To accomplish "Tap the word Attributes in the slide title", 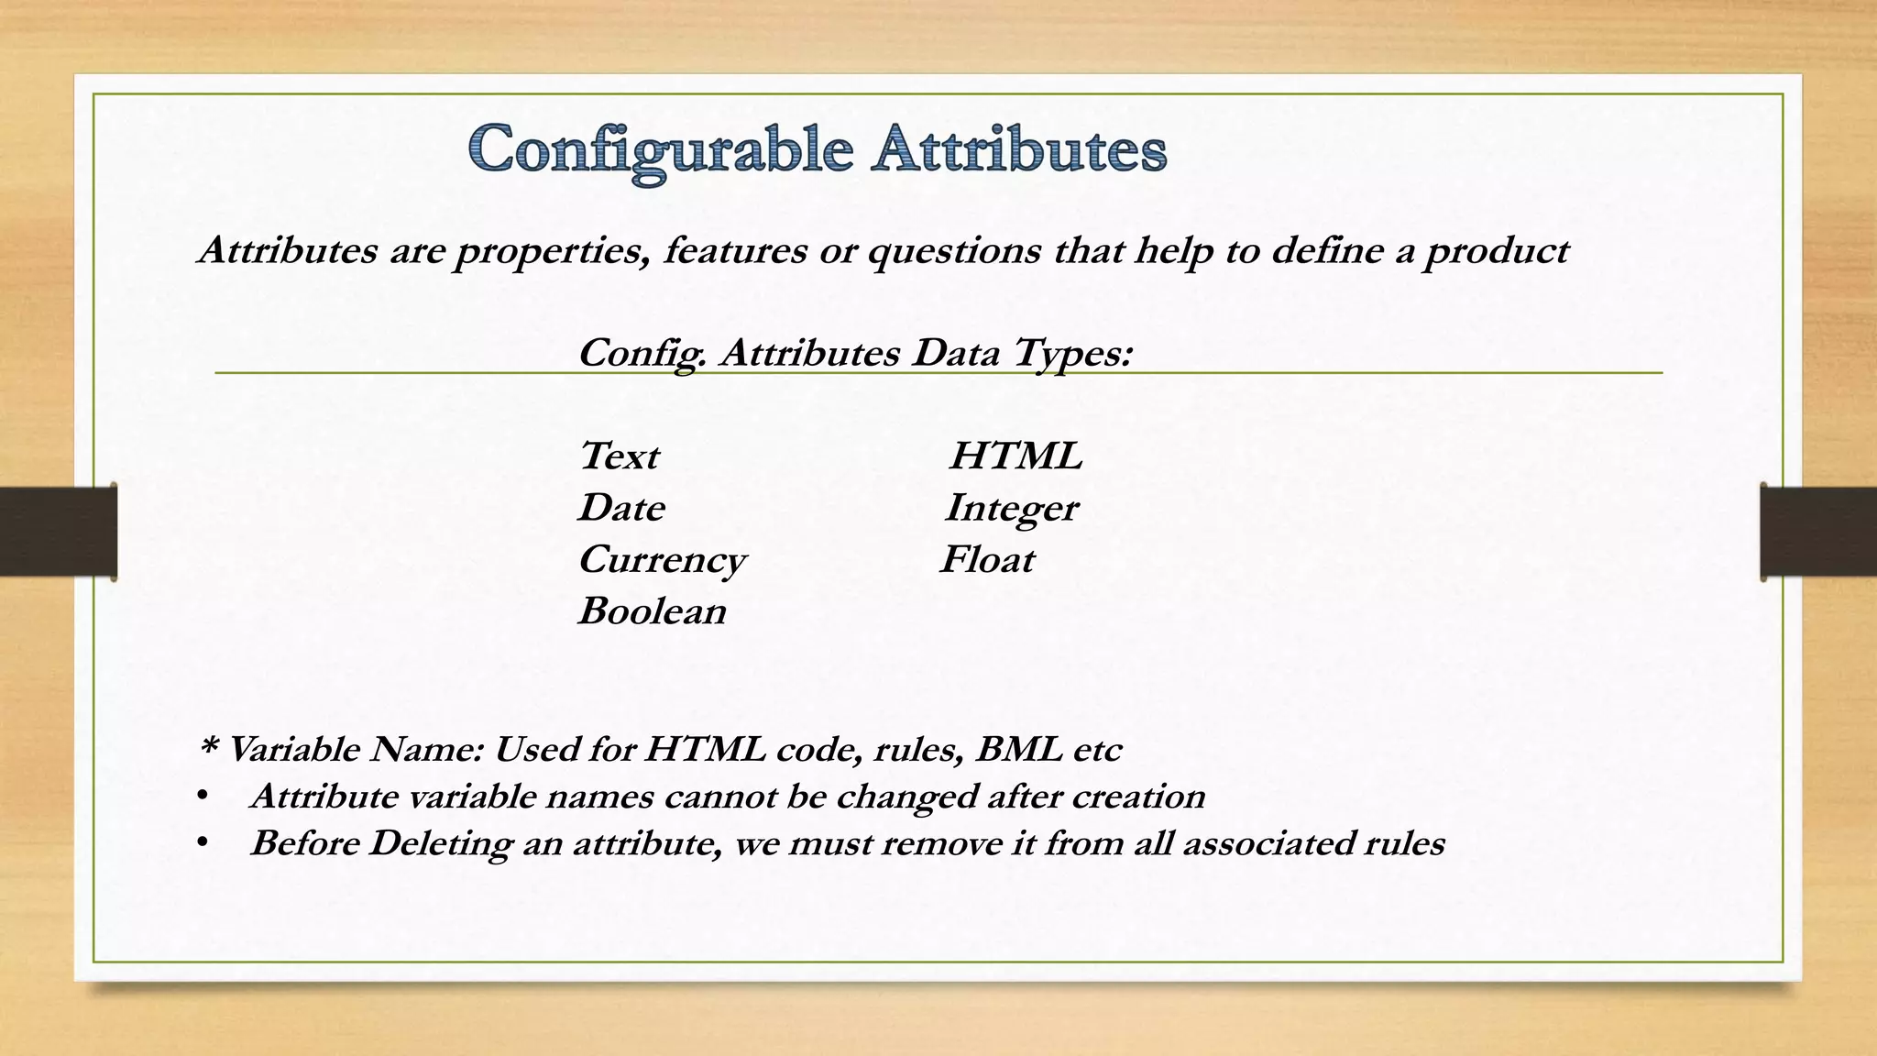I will click(x=1018, y=149).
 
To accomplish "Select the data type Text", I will click(x=619, y=456).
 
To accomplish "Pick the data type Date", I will click(x=621, y=508).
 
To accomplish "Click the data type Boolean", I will click(x=652, y=611).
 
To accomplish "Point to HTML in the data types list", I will click(x=1015, y=456).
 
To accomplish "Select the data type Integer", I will click(x=1011, y=509).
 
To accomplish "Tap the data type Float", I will click(x=987, y=560).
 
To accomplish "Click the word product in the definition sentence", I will click(x=1496, y=251).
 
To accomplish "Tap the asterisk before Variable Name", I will click(x=207, y=749).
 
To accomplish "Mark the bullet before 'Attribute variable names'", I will click(x=202, y=796).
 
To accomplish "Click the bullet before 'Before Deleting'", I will click(x=202, y=842).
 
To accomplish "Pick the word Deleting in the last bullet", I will click(x=440, y=843).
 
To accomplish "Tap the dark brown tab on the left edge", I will click(x=58, y=532).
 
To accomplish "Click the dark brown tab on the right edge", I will click(x=1818, y=532).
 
